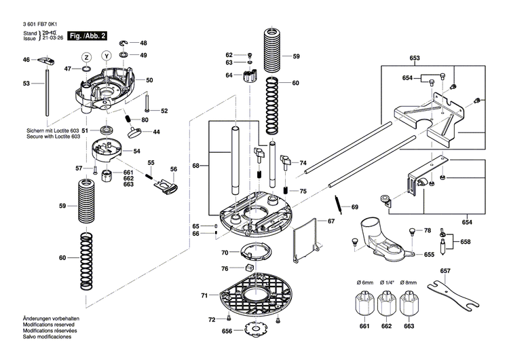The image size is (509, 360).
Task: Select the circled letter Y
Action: coord(107,56)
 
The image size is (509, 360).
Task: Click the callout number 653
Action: coord(415,59)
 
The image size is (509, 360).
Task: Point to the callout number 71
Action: coord(204,296)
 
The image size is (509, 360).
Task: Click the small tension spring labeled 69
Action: coord(338,203)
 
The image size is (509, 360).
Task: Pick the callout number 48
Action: coord(143,42)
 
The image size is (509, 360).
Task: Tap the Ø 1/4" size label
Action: coord(387,282)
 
